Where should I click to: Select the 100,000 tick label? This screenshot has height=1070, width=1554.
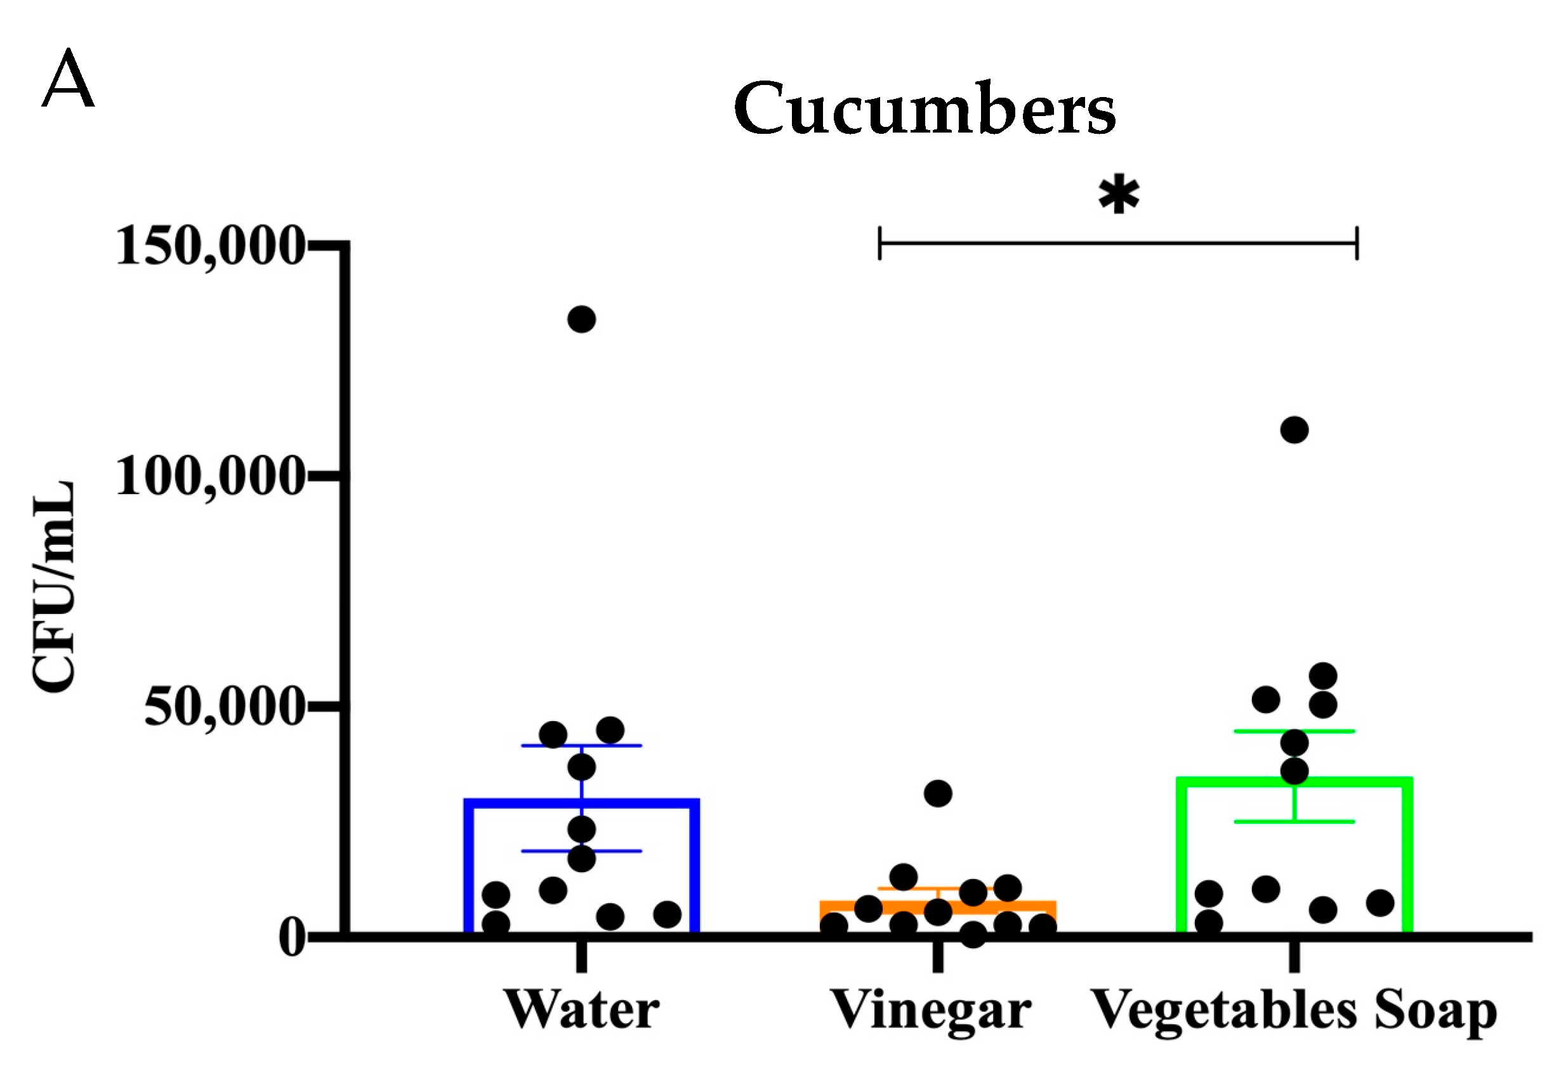tap(210, 477)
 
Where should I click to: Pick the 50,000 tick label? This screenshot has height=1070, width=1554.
tap(225, 707)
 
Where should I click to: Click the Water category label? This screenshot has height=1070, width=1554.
tap(581, 1010)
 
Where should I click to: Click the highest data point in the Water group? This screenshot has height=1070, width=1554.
tap(581, 319)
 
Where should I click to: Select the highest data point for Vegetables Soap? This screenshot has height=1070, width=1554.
tap(1294, 430)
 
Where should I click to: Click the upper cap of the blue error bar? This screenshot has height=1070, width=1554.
tap(581, 745)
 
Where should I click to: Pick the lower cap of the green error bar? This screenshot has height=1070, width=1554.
tap(1294, 821)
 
